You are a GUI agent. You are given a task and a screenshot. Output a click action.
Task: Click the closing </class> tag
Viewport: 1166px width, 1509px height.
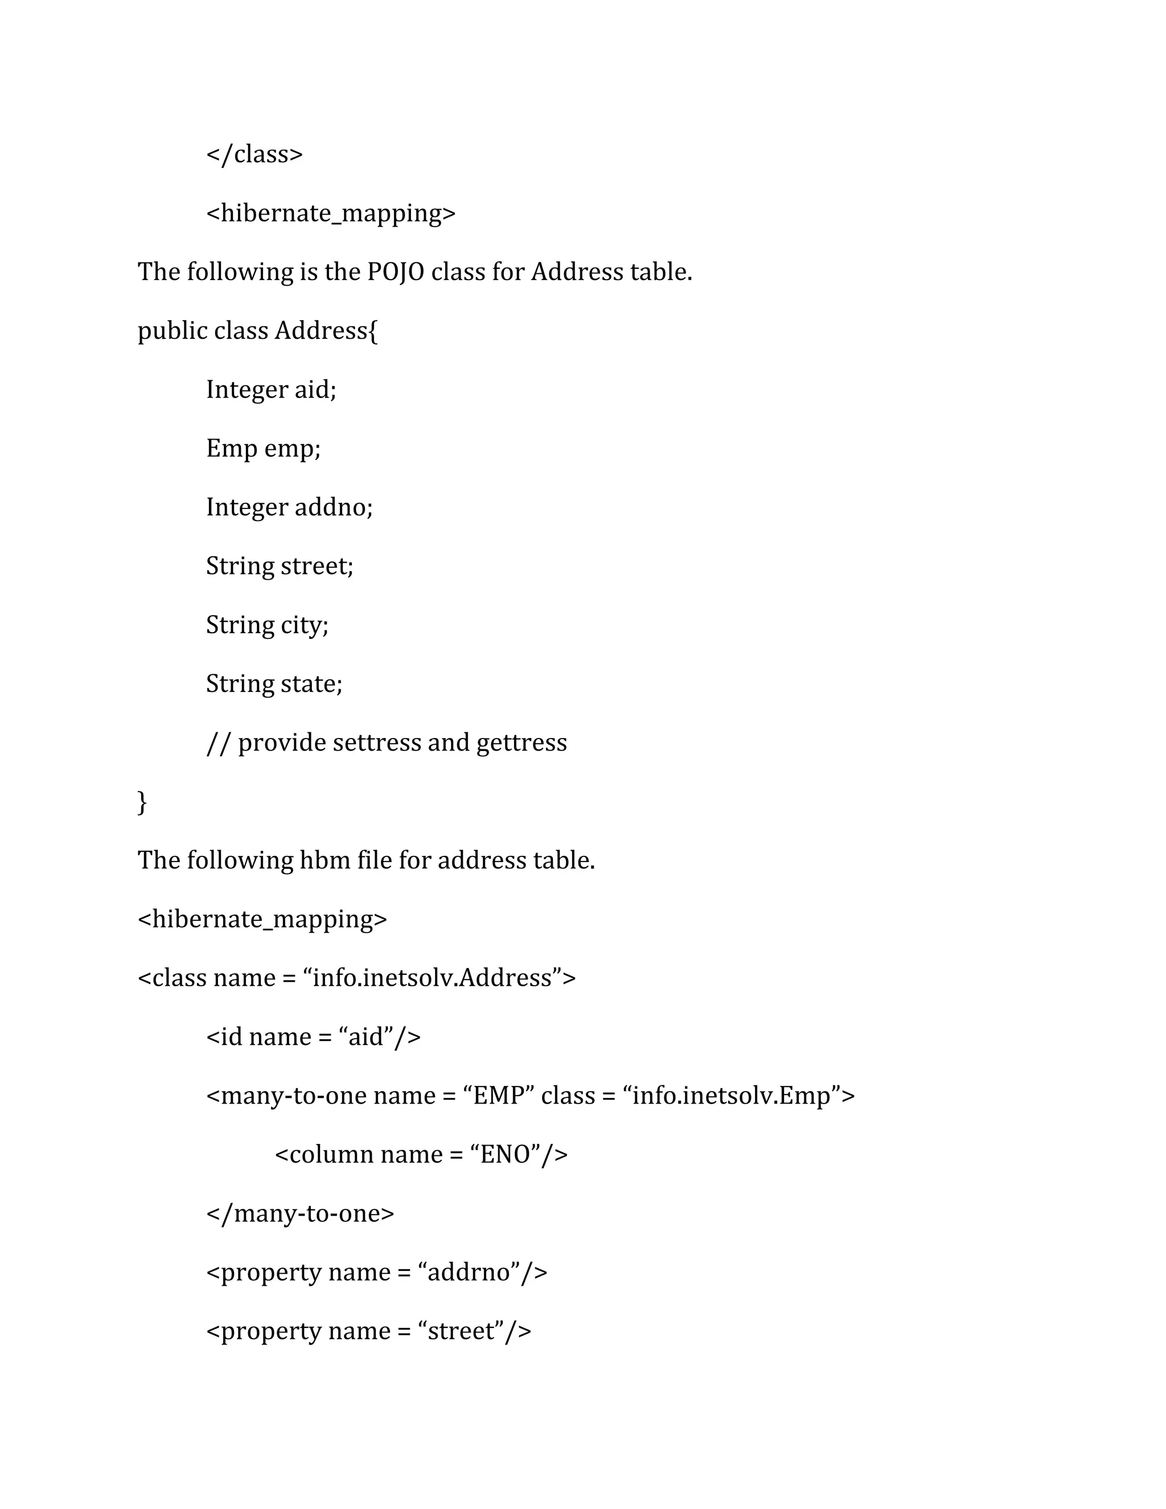pyautogui.click(x=254, y=154)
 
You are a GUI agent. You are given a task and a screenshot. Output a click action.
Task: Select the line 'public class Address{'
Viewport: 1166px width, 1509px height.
pyautogui.click(x=258, y=331)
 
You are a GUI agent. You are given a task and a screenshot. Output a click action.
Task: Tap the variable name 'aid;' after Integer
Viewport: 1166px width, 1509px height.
pyautogui.click(x=315, y=389)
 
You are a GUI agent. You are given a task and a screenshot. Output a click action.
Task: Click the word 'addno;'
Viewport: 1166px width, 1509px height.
pyautogui.click(x=333, y=508)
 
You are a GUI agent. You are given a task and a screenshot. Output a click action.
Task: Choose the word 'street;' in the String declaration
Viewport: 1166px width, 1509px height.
pyautogui.click(x=317, y=567)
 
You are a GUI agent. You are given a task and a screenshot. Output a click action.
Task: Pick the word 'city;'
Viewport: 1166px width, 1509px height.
pyautogui.click(x=304, y=625)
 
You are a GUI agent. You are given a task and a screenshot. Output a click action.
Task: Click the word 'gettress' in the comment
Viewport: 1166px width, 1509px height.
pyautogui.click(x=522, y=743)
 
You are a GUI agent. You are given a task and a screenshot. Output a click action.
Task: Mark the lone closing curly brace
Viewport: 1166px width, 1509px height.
pyautogui.click(x=142, y=802)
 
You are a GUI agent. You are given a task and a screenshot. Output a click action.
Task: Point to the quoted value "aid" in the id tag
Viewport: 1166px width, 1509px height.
pyautogui.click(x=366, y=1037)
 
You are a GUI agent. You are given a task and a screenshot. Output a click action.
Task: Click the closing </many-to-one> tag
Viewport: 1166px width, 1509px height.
pyautogui.click(x=300, y=1213)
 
